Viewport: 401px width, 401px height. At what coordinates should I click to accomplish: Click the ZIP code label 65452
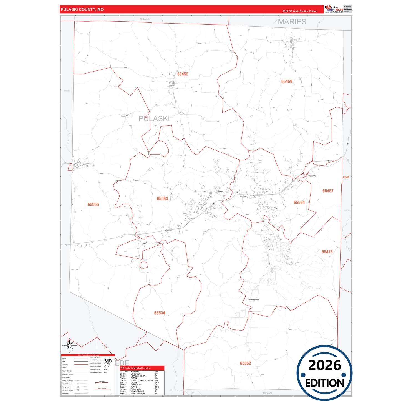coord(183,74)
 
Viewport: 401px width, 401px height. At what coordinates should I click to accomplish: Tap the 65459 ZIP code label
coord(287,82)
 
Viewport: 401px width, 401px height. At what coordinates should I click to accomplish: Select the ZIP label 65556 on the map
coord(93,205)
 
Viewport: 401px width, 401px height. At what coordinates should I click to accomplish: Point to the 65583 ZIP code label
coord(162,199)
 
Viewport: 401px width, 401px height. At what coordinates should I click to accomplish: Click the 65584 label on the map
coord(299,203)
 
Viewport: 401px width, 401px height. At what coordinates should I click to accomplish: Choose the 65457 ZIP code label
coord(328,191)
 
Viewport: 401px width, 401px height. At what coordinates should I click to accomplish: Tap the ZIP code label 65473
coord(327,252)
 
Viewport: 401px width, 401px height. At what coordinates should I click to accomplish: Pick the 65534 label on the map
coord(160,313)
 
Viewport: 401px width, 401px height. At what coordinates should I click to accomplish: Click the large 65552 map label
coord(245,363)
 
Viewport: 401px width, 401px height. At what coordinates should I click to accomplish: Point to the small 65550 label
coord(346,177)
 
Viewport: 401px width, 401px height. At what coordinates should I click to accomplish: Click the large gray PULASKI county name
coord(154,119)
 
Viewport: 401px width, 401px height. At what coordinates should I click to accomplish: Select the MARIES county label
coord(292,22)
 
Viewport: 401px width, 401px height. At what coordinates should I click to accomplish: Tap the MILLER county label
coord(145,19)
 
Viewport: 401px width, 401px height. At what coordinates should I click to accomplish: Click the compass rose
coord(70,346)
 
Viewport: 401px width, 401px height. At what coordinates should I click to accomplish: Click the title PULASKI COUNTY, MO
coord(82,9)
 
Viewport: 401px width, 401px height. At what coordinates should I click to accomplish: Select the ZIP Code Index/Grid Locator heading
coord(135,368)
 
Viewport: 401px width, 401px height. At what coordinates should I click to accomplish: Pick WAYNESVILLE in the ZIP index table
coord(137,391)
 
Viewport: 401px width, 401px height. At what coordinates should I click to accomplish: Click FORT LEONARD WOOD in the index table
coord(142,380)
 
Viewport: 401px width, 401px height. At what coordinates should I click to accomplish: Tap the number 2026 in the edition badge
coord(324,365)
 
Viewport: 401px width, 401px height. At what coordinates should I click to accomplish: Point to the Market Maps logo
coord(334,9)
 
